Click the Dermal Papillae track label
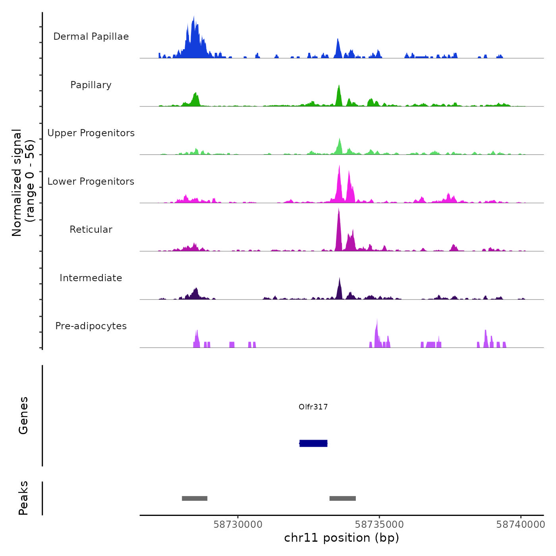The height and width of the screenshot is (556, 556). coord(91,37)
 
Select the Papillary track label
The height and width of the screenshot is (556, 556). coord(91,85)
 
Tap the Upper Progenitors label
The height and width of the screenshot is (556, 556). coord(91,133)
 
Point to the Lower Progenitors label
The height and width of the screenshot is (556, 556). coord(91,181)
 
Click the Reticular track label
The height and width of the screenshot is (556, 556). coord(91,230)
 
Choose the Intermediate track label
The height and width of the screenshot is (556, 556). coord(91,278)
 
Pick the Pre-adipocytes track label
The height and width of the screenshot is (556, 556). coord(91,326)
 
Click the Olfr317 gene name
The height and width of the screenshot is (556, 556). coord(313,407)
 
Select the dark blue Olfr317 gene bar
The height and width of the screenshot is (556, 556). coord(313,443)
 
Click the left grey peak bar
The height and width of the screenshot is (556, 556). coord(195,498)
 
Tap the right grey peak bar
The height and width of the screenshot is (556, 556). coord(342,498)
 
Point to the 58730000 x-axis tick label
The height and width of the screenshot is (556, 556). coord(238,525)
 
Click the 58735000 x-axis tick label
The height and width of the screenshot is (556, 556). coord(379,525)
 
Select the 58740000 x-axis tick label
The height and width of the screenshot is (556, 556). coord(521,525)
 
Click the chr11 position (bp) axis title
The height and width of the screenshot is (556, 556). coord(342,538)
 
